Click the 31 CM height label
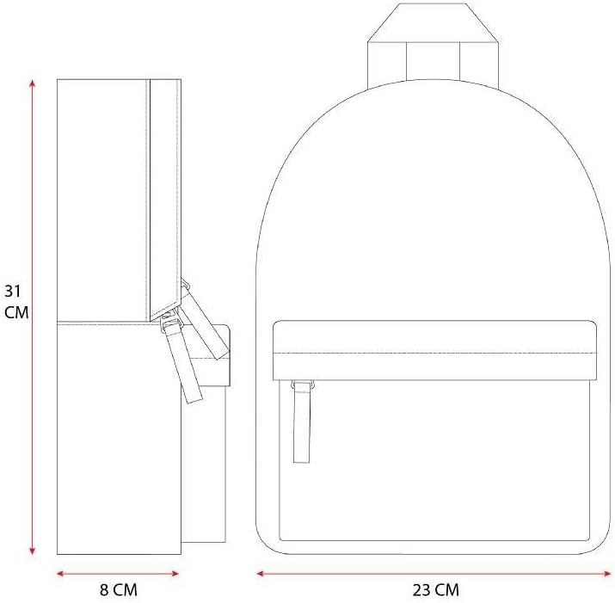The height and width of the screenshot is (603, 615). (16, 301)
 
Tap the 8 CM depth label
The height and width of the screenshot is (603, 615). (119, 589)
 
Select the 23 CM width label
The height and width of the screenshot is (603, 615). (435, 589)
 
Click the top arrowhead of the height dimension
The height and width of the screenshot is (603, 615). (33, 83)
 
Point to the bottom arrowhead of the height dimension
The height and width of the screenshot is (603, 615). (33, 551)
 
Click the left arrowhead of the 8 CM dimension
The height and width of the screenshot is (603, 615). (60, 574)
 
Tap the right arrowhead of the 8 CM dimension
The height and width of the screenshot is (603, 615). (175, 574)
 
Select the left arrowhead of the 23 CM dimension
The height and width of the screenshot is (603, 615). (260, 574)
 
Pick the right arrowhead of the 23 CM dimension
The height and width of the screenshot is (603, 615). (607, 574)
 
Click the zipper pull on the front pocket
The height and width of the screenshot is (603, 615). (302, 421)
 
